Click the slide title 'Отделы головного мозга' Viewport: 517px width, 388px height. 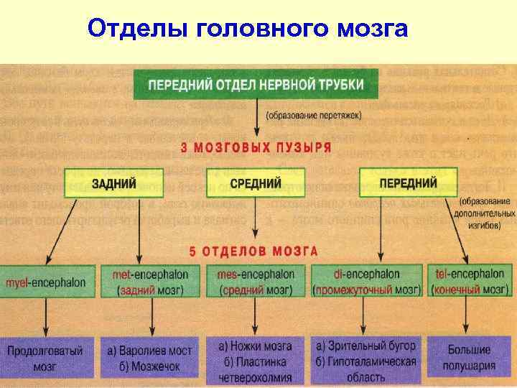(x=247, y=29)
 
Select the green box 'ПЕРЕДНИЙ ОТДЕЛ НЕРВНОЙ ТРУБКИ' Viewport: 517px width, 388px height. (x=255, y=85)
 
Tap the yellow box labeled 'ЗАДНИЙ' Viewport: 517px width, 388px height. (x=113, y=183)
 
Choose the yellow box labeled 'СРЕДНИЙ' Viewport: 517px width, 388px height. (x=255, y=183)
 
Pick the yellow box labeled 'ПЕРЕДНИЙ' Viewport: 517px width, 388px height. (x=407, y=183)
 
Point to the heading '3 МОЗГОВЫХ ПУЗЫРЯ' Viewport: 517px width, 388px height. (x=255, y=148)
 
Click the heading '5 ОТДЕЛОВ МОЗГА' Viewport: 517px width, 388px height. (x=253, y=251)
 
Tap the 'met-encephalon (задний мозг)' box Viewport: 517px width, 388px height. (x=150, y=282)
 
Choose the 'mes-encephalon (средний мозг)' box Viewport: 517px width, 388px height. (x=255, y=282)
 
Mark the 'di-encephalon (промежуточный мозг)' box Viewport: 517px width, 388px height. (x=366, y=282)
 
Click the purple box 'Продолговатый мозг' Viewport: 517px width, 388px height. (x=46, y=358)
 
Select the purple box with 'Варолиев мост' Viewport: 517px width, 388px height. (x=149, y=358)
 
